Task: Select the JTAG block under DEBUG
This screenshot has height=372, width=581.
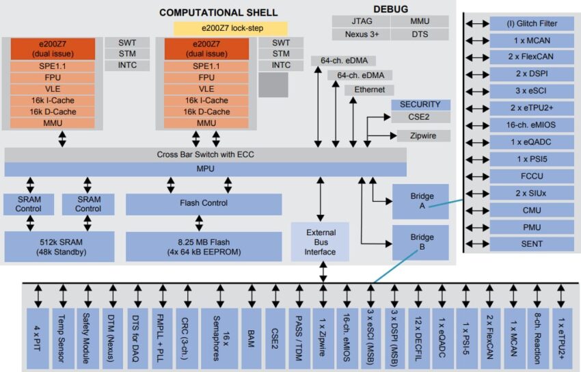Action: pyautogui.click(x=361, y=21)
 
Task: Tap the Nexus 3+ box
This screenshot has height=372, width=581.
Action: pyautogui.click(x=361, y=34)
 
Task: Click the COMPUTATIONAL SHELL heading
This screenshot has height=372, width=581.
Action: pyautogui.click(x=218, y=12)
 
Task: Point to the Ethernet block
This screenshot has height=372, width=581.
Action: pyautogui.click(x=369, y=90)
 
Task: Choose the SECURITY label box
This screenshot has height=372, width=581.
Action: pyautogui.click(x=420, y=105)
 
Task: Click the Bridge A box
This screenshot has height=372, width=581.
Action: pyautogui.click(x=420, y=202)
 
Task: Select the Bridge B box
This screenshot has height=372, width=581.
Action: pyautogui.click(x=420, y=243)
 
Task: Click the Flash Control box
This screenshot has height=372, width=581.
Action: pyautogui.click(x=204, y=204)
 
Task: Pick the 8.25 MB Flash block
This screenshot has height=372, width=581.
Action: pyautogui.click(x=204, y=246)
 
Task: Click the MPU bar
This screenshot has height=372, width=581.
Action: pyautogui.click(x=205, y=168)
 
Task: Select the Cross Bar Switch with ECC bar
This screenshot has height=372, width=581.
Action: pyautogui.click(x=205, y=155)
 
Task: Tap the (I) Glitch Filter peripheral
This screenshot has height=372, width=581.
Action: pyautogui.click(x=532, y=23)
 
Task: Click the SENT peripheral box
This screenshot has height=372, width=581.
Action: pyautogui.click(x=532, y=243)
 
